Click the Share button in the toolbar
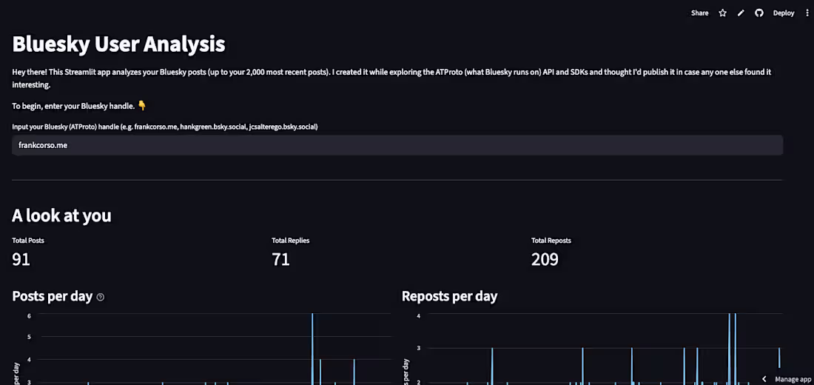pyautogui.click(x=699, y=13)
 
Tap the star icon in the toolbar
pyautogui.click(x=723, y=13)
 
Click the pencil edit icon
pyautogui.click(x=741, y=13)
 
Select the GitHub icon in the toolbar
pyautogui.click(x=759, y=13)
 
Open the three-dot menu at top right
pyautogui.click(x=807, y=13)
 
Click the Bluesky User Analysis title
pyautogui.click(x=118, y=44)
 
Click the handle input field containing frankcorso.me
pyautogui.click(x=397, y=145)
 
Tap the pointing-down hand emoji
pyautogui.click(x=143, y=106)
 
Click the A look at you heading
pyautogui.click(x=61, y=215)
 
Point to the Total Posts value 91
pyautogui.click(x=21, y=259)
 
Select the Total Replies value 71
pyautogui.click(x=281, y=259)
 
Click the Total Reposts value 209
pyautogui.click(x=545, y=259)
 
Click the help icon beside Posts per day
pyautogui.click(x=101, y=297)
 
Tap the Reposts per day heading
pyautogui.click(x=449, y=296)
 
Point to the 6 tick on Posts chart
pyautogui.click(x=29, y=315)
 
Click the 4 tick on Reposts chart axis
pyautogui.click(x=418, y=315)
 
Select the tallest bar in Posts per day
pyautogui.click(x=312, y=348)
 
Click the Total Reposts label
pyautogui.click(x=551, y=241)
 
